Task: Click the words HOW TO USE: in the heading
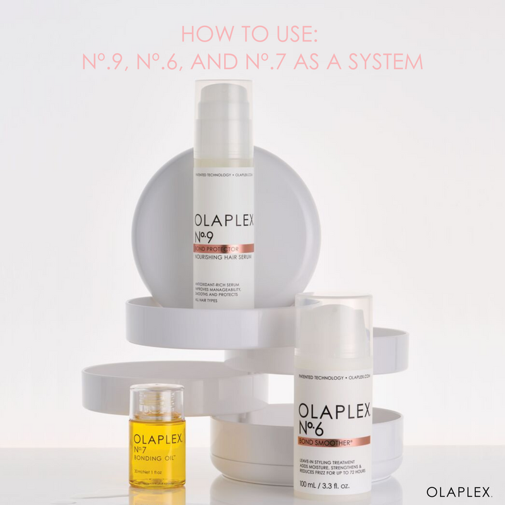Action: (252, 34)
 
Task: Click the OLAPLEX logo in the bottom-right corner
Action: (460, 491)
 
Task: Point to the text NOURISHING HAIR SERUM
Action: (223, 258)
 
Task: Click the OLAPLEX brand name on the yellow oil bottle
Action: (157, 438)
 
